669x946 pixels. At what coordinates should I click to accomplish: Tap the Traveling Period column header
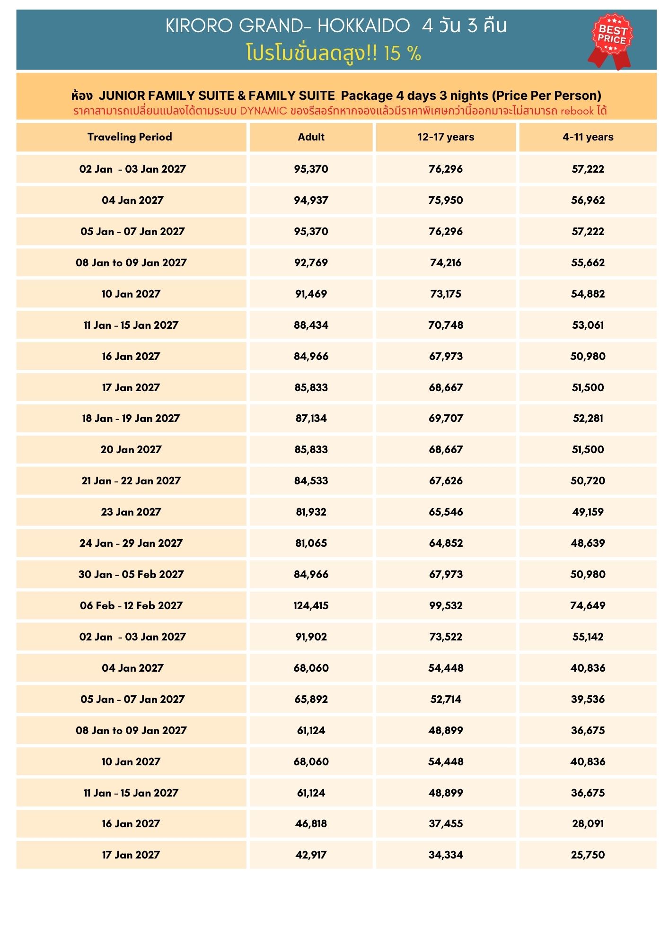(x=130, y=137)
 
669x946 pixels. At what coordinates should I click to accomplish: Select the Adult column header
(x=311, y=137)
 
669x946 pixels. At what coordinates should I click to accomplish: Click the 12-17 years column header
(x=445, y=137)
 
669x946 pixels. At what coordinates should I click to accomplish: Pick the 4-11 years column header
(x=588, y=137)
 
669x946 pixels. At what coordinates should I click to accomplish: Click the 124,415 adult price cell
(x=311, y=605)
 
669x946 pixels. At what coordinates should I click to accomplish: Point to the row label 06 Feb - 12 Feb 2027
(x=131, y=605)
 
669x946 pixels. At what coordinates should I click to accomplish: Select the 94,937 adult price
(x=311, y=200)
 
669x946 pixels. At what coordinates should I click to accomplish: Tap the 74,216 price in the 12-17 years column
(x=445, y=263)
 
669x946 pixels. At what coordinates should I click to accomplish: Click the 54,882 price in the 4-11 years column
(x=588, y=294)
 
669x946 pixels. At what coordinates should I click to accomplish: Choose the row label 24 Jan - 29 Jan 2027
(x=131, y=543)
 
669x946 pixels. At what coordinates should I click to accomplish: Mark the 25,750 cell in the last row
(x=588, y=855)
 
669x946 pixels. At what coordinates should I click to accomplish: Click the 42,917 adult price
(x=311, y=855)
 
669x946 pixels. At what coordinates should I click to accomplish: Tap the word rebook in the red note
(x=577, y=111)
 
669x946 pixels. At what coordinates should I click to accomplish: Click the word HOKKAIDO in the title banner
(x=363, y=26)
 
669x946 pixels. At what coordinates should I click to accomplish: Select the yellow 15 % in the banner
(x=402, y=53)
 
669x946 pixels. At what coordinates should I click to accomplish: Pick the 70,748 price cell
(x=445, y=325)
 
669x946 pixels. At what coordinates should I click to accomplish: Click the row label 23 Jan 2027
(x=131, y=512)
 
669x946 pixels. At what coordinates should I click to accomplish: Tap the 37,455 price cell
(x=445, y=823)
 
